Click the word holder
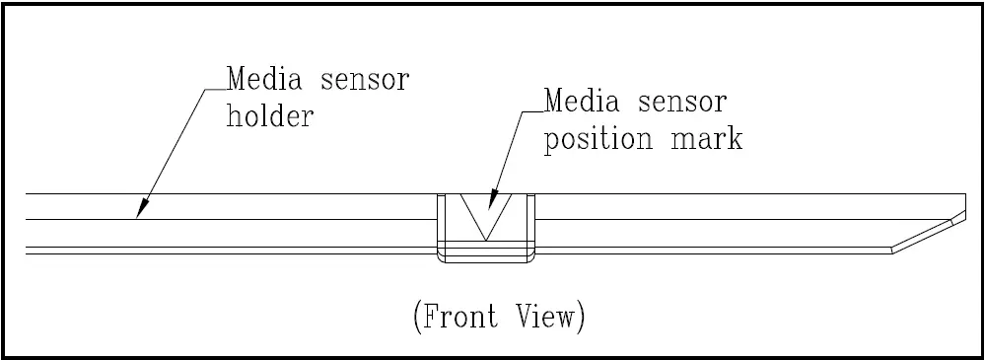coord(270,117)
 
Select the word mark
coord(710,139)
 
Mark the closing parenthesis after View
coord(584,319)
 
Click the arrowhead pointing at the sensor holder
coord(142,209)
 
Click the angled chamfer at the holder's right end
coord(927,235)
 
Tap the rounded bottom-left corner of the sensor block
coord(441,259)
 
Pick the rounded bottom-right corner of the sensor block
coord(530,259)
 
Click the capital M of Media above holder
coord(238,79)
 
